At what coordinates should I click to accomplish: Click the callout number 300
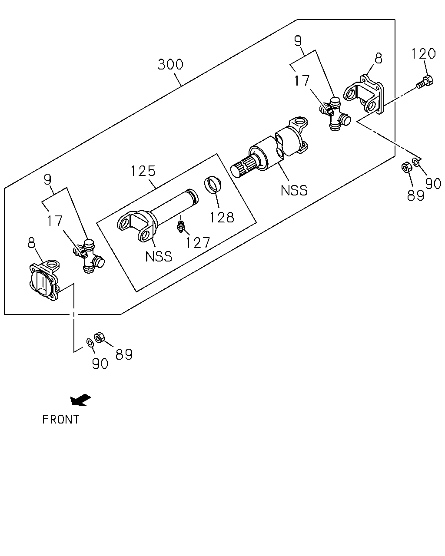click(170, 64)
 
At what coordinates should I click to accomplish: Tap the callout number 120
click(424, 53)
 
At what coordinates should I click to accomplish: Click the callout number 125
click(143, 171)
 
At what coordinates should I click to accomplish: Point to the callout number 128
click(222, 217)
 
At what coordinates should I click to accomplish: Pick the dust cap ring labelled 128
click(213, 184)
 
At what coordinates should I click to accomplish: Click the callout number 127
click(198, 243)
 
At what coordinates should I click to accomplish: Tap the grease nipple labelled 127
click(180, 226)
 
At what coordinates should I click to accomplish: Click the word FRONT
click(61, 419)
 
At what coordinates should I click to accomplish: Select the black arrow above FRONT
click(80, 400)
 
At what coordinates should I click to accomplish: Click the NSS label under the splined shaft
click(294, 191)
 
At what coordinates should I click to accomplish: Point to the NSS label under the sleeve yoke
click(159, 257)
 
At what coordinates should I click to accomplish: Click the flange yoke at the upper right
click(363, 95)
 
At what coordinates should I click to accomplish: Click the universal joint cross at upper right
click(335, 114)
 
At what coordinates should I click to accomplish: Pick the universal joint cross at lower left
click(89, 256)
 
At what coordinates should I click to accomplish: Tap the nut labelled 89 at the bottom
click(99, 338)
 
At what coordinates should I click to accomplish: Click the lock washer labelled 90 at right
click(416, 162)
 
